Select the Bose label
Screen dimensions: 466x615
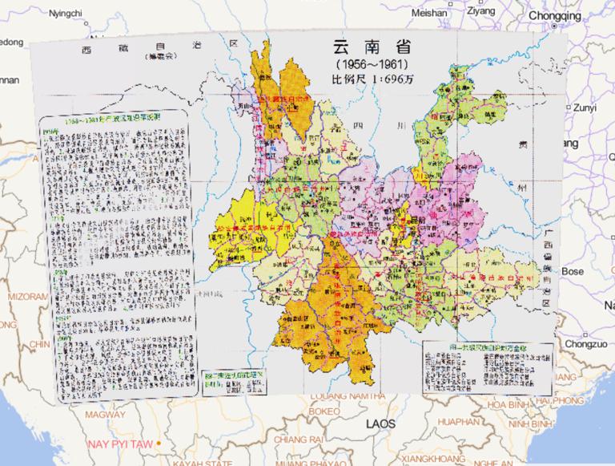tap(573, 272)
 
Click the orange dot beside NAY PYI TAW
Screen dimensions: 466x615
tap(160, 443)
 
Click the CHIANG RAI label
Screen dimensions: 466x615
tap(297, 439)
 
